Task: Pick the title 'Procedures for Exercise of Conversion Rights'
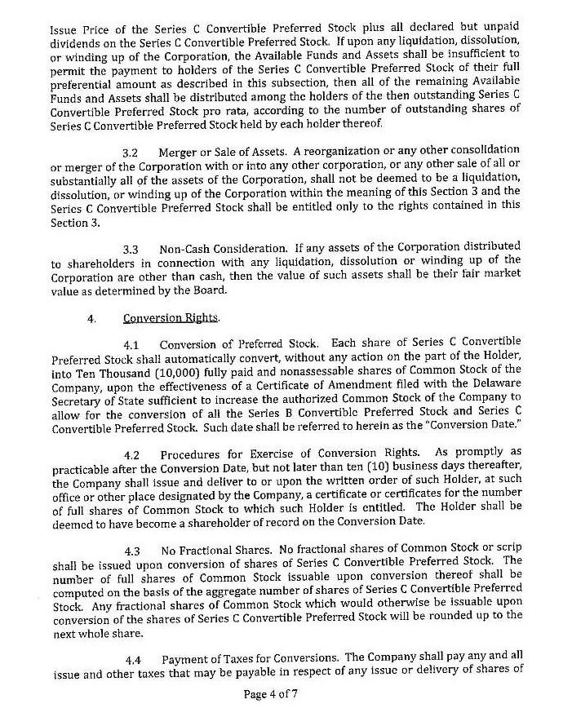pos(292,454)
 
